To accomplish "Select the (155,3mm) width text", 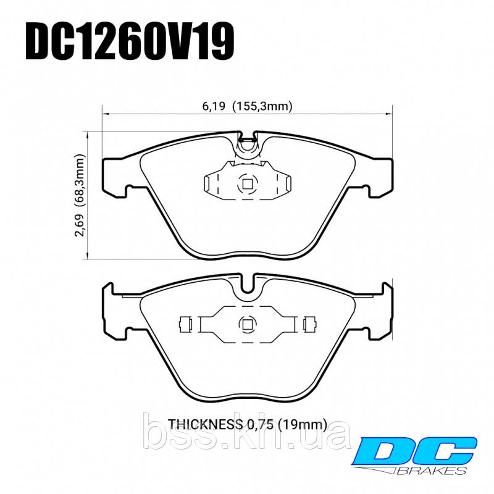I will coord(262,106).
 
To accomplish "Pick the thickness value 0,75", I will coord(259,424).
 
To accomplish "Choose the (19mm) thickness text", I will coord(302,424).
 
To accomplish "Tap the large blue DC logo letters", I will coord(411,451).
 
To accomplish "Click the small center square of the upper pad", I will coord(247,183).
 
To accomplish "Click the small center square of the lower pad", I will coord(247,324).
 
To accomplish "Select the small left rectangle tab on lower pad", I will coord(185,324).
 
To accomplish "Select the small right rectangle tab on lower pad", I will coord(310,324).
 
